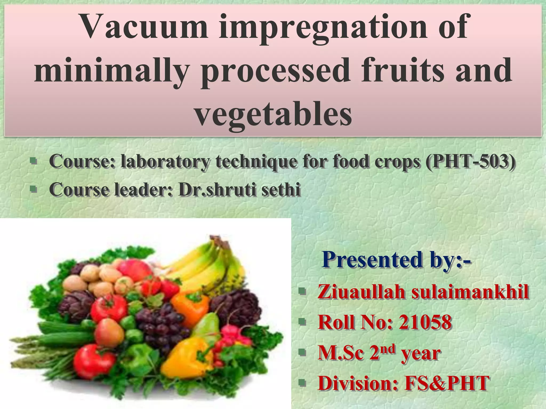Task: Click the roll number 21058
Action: point(425,322)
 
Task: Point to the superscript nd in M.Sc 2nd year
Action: point(387,348)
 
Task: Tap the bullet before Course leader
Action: point(33,189)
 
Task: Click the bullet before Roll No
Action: point(302,322)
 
